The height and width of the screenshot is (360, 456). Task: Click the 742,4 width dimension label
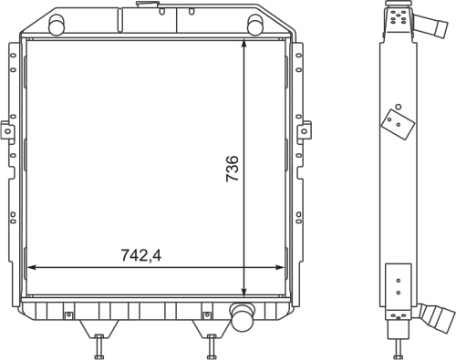click(141, 255)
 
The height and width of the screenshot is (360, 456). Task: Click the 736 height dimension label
click(233, 169)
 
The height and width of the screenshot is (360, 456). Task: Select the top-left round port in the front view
click(57, 25)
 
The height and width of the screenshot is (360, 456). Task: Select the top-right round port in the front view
click(255, 25)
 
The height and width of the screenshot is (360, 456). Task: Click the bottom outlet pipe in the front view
click(243, 316)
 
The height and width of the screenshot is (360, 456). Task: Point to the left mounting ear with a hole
click(7, 130)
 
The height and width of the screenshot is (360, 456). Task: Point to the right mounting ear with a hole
click(304, 130)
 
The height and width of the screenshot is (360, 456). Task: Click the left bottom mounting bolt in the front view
click(99, 346)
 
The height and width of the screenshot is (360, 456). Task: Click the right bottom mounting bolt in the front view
click(212, 346)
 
